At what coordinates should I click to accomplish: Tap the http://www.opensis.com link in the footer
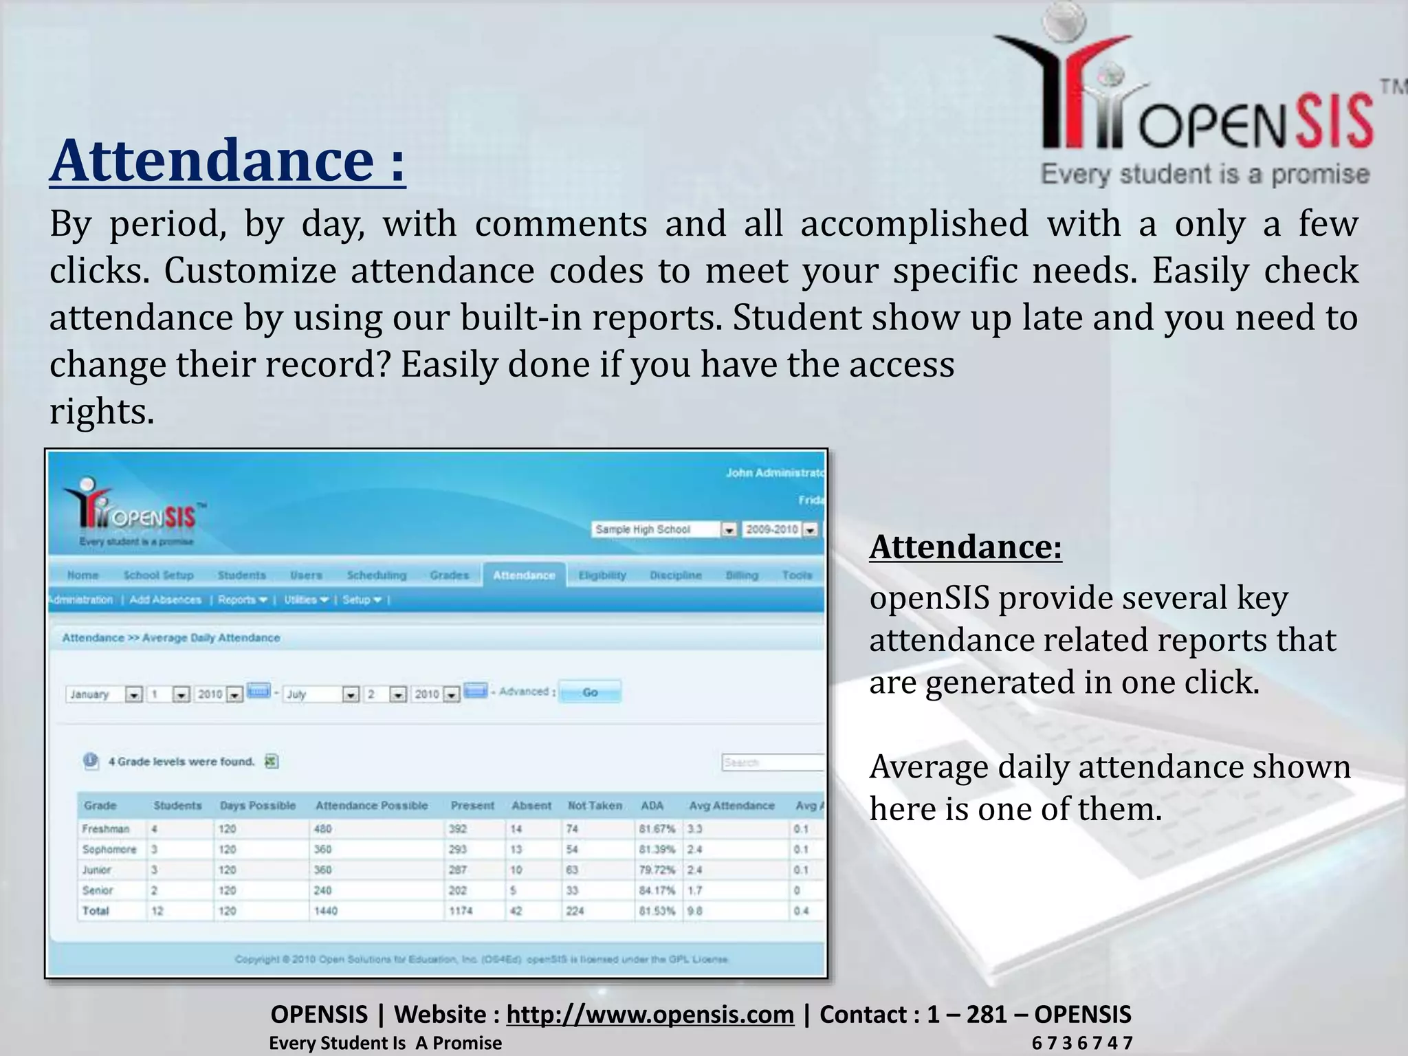click(x=650, y=1014)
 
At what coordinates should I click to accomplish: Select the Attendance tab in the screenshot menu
click(x=524, y=575)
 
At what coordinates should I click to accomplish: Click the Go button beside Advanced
click(x=590, y=692)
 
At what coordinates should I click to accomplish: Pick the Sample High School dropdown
click(x=663, y=529)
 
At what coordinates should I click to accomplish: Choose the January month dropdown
click(x=104, y=694)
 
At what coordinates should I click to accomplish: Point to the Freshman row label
click(x=105, y=829)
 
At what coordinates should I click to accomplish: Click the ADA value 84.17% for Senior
click(x=657, y=890)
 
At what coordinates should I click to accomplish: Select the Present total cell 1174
click(x=461, y=911)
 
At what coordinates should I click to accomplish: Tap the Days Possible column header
click(x=257, y=806)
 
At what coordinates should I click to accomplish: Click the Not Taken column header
click(x=594, y=806)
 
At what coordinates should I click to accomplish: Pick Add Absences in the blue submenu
click(x=165, y=600)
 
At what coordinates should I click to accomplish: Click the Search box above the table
click(x=772, y=762)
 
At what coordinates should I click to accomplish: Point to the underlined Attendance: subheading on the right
click(x=965, y=548)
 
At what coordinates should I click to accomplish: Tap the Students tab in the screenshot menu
click(x=241, y=575)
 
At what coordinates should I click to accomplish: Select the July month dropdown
click(x=321, y=694)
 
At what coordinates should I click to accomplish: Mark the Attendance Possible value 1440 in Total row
click(x=326, y=911)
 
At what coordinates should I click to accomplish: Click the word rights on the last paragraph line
click(x=102, y=412)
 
